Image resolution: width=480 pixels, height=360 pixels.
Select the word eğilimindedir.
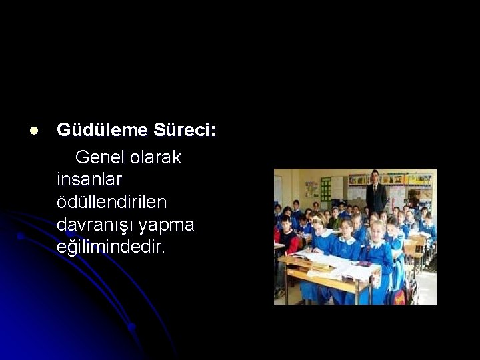click(110, 248)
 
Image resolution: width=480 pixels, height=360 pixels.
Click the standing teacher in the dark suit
click(376, 193)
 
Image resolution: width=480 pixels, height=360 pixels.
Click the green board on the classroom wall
click(326, 188)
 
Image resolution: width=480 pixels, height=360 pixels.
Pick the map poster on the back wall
click(311, 189)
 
